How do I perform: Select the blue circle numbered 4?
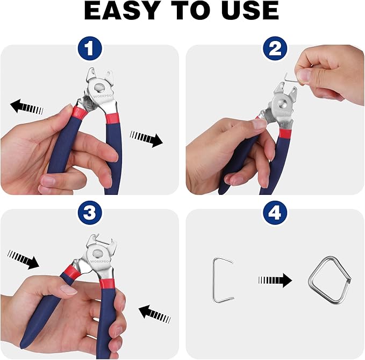(275, 214)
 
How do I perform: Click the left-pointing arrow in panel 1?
(26, 107)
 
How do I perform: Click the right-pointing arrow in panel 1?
(146, 139)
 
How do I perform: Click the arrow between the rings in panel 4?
(275, 280)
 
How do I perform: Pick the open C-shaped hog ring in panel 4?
(222, 279)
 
